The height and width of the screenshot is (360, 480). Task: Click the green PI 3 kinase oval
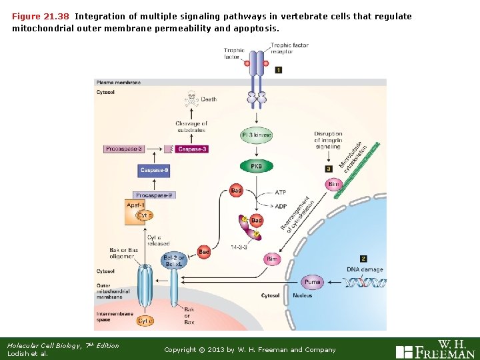[256, 135]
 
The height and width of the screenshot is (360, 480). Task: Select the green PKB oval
[256, 165]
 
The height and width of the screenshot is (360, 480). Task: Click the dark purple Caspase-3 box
[192, 149]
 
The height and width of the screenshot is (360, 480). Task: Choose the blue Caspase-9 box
[154, 171]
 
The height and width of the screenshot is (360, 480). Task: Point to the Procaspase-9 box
[154, 195]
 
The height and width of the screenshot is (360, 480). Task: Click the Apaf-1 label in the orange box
[135, 205]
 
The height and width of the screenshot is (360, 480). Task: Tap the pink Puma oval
[312, 282]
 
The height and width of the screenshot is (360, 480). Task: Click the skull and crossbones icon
[193, 101]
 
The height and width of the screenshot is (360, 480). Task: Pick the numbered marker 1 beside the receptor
[278, 69]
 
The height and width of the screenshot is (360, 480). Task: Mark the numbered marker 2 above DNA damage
[363, 258]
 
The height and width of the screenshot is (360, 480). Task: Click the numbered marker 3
[328, 169]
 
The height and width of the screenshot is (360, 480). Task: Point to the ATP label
[281, 192]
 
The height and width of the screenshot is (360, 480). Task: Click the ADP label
[281, 206]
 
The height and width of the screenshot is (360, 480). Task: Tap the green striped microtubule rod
[359, 169]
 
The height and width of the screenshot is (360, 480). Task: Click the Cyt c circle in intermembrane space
[144, 321]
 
